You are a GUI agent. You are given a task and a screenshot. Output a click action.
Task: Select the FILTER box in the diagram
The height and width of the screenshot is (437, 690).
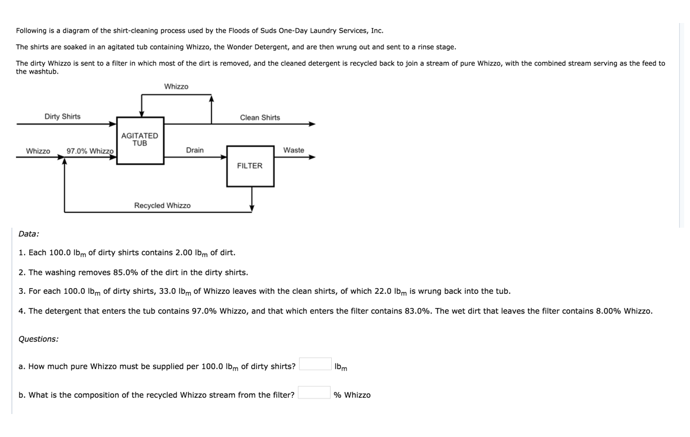(250, 166)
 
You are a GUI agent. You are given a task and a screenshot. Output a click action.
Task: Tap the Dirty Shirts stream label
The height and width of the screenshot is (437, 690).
(63, 117)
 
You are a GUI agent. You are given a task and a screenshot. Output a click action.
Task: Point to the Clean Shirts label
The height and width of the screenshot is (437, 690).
(260, 117)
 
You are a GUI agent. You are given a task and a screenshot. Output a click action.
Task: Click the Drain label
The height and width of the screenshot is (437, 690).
(194, 150)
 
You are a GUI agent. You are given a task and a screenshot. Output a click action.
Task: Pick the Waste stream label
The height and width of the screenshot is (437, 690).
(293, 150)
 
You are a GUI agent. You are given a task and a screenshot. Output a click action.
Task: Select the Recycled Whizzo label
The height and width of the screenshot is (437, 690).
(162, 205)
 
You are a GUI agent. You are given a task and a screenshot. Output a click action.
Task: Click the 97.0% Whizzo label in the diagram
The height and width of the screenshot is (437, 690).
(90, 151)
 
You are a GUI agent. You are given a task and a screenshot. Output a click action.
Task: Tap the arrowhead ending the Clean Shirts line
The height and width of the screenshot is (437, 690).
(312, 124)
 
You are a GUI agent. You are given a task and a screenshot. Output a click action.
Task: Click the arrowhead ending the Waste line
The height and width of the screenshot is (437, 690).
(312, 156)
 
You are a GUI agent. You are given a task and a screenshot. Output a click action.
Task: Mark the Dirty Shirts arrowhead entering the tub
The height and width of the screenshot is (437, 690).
(113, 124)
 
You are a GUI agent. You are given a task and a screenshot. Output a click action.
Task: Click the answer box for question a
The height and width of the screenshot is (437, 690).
(315, 365)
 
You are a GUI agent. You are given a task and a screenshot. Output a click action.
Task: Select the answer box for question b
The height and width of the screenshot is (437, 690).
(314, 393)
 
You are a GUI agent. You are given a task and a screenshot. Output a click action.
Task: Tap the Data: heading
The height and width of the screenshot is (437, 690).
(29, 234)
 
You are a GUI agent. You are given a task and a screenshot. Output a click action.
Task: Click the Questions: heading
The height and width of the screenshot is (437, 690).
(38, 339)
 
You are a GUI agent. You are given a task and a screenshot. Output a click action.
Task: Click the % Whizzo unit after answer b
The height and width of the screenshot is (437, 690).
(352, 395)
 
